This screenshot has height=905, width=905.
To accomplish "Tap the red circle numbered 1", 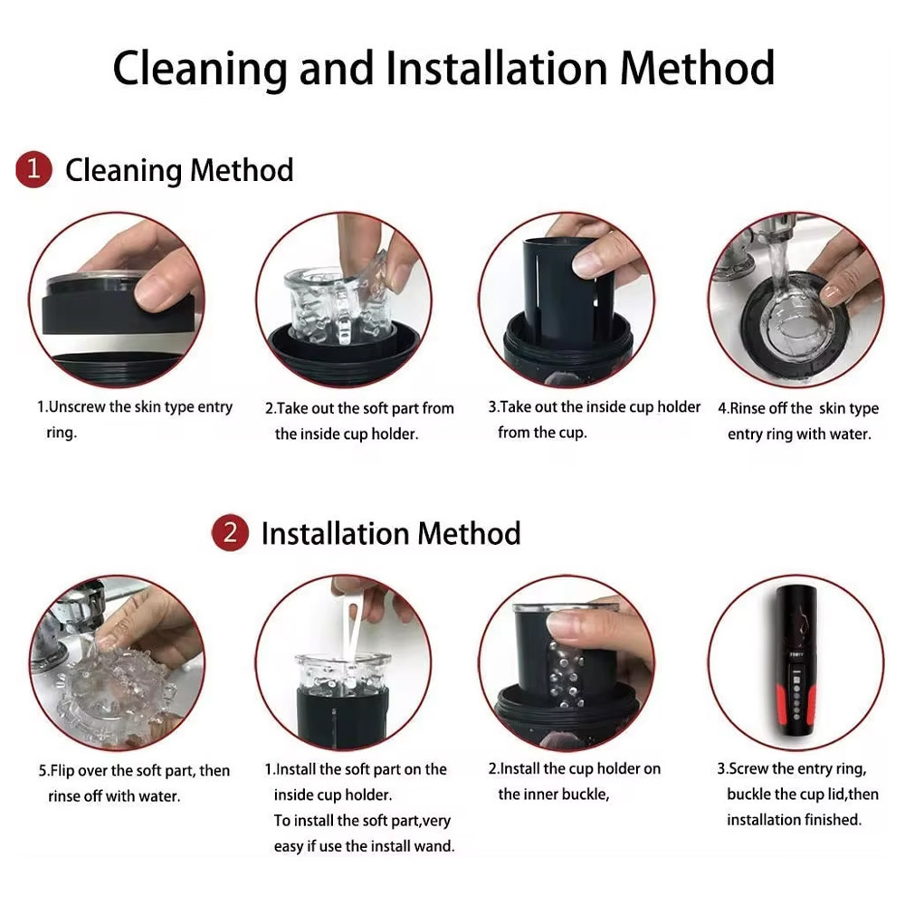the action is (33, 169).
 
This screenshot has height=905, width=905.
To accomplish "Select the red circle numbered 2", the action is (230, 532).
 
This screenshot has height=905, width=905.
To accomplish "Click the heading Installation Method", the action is (391, 533).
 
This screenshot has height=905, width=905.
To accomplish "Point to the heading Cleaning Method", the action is (179, 171).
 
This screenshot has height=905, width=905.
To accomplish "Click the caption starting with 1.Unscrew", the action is (135, 419).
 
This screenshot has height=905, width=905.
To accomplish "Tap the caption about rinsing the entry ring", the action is (798, 421).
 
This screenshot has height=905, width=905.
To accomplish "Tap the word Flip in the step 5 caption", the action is (62, 770).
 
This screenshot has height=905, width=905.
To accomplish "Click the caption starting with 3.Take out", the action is (594, 419).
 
